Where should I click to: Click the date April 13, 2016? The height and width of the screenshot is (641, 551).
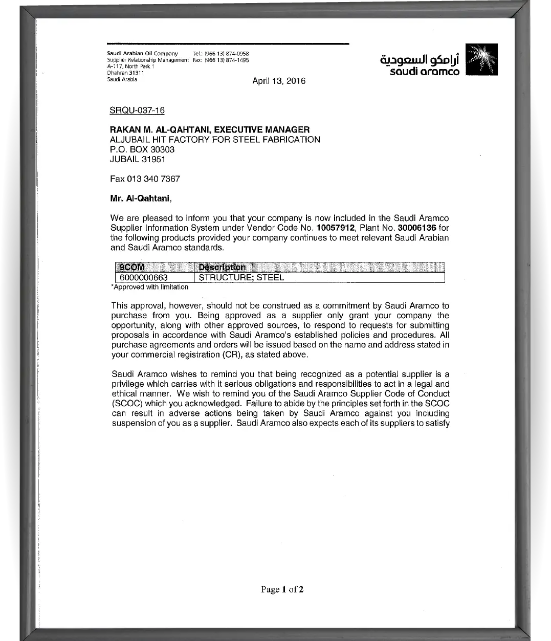279,81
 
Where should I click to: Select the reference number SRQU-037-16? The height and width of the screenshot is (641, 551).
137,110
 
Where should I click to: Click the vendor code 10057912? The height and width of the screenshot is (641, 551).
336,228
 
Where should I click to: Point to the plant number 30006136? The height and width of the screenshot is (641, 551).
417,228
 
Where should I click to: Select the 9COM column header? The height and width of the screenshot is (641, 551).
131,267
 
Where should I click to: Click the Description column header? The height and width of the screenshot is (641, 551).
222,267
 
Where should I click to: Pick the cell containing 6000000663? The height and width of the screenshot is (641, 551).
144,278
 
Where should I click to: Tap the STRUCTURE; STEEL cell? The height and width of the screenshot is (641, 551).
241,278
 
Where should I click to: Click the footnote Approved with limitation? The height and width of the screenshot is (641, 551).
150,287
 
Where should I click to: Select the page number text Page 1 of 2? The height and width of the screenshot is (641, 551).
282,589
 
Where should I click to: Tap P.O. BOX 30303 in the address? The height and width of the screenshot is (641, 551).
142,149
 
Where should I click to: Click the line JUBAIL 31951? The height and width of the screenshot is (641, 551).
138,159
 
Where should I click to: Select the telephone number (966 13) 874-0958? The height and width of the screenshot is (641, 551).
227,54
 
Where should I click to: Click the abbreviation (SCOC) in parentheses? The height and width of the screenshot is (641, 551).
126,404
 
